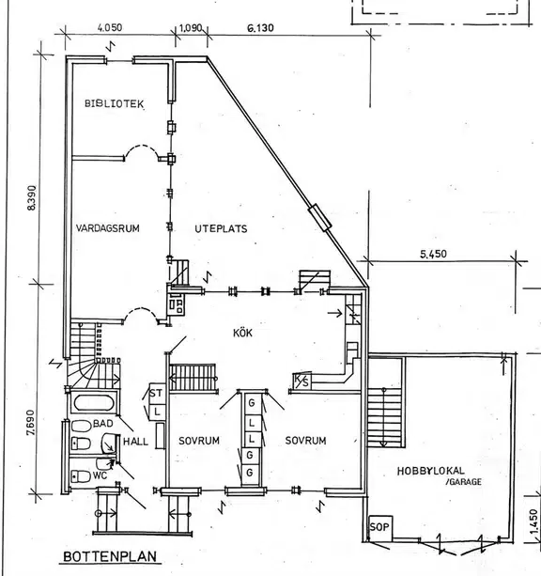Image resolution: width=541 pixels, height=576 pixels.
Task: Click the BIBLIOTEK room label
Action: [x=114, y=103]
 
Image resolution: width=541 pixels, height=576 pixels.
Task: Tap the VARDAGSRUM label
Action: [x=108, y=228]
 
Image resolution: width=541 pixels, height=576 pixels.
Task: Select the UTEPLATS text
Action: [x=221, y=229]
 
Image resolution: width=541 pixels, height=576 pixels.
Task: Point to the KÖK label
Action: [x=242, y=333]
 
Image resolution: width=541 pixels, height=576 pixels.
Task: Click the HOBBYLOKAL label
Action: [x=430, y=471]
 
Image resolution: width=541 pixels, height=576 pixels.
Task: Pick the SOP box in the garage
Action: [x=380, y=527]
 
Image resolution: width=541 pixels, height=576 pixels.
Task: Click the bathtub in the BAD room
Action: [x=94, y=403]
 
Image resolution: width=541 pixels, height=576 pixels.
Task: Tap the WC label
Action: [x=100, y=475]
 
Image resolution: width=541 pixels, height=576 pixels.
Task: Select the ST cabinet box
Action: [x=157, y=393]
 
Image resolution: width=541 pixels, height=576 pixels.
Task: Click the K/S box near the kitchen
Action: [x=301, y=381]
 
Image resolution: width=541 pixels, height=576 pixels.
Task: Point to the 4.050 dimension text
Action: [x=110, y=27]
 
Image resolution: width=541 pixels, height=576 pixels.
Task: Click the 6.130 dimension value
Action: [x=260, y=28]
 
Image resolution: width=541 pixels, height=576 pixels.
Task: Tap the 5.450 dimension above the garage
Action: [x=433, y=254]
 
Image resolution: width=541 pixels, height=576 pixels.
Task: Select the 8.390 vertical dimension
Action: [x=32, y=197]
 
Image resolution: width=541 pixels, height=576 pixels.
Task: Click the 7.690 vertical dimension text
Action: [x=32, y=423]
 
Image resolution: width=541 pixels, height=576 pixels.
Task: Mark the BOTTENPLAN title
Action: [x=110, y=556]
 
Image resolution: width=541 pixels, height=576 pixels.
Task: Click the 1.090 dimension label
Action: [x=191, y=28]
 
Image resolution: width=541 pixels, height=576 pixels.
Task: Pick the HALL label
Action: [x=135, y=442]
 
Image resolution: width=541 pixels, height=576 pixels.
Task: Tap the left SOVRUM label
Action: [x=199, y=441]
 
